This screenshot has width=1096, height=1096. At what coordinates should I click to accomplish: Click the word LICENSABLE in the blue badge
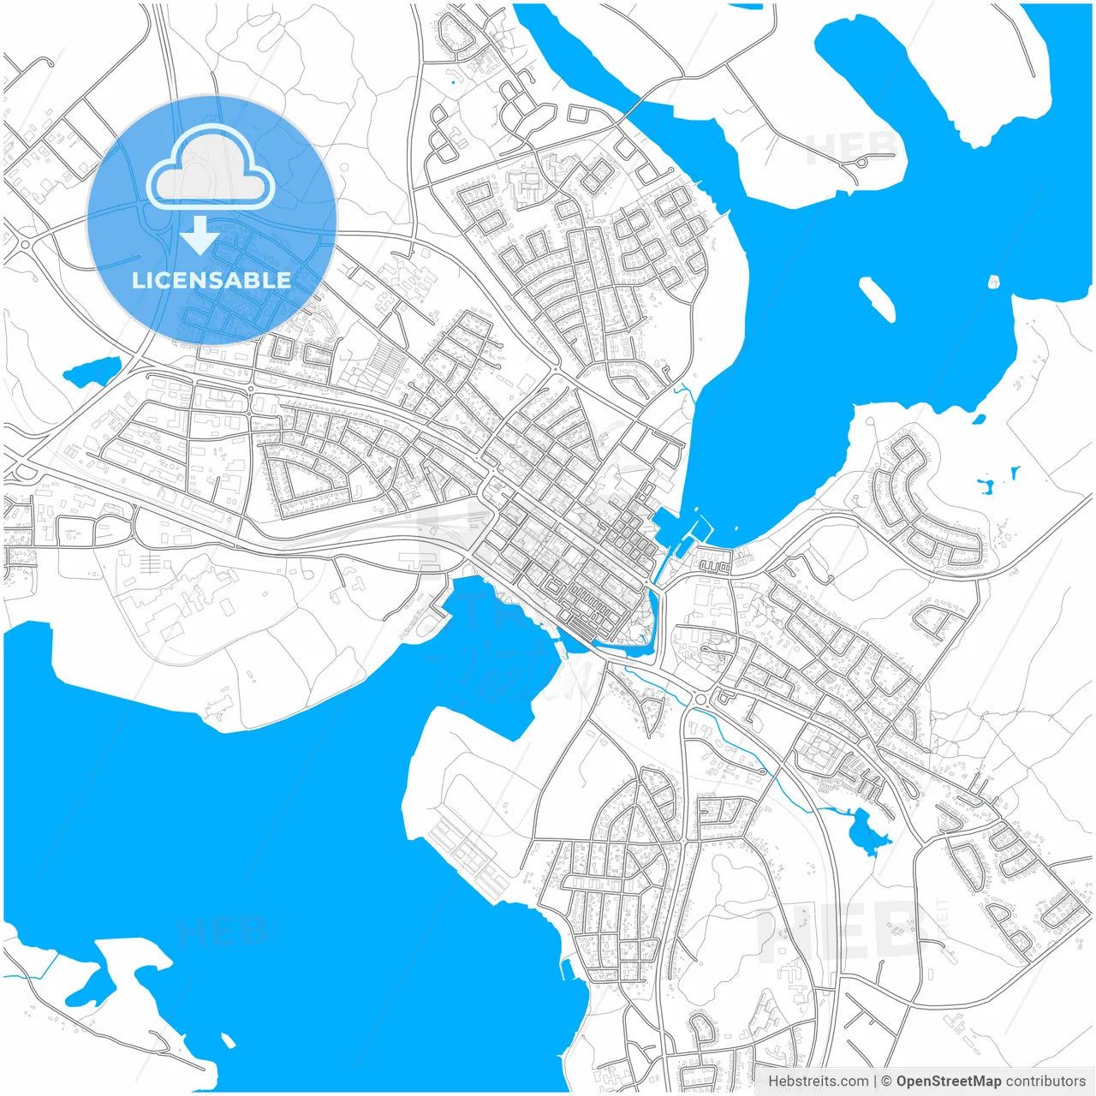point(211,280)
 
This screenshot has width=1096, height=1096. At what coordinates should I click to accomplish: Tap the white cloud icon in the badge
point(210,169)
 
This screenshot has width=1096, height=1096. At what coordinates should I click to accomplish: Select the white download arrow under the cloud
point(200,235)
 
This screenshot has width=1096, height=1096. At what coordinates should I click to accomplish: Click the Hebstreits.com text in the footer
point(818,1081)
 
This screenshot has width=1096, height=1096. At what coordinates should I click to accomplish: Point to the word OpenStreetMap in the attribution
point(948,1081)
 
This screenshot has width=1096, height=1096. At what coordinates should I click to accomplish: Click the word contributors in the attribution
point(1045,1081)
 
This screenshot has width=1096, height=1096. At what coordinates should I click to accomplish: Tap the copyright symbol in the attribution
point(886,1081)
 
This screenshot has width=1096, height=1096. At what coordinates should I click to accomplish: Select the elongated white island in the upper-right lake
point(877,298)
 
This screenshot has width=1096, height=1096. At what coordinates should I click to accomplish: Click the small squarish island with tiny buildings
point(994,282)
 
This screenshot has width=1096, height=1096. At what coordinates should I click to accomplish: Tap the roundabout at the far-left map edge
point(24,245)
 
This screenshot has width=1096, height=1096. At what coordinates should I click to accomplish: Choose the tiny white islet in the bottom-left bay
point(228,1039)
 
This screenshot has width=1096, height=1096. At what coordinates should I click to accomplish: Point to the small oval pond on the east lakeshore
point(978,419)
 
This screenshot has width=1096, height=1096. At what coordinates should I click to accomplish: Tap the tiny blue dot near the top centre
point(453,83)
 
